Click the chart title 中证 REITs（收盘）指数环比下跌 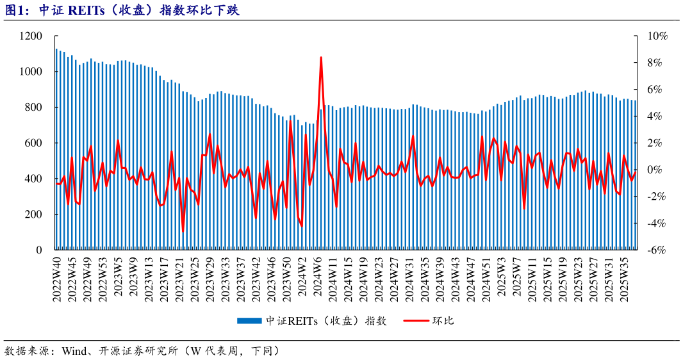(x=138, y=10)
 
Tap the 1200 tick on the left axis (x=31, y=37)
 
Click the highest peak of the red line (x=320, y=58)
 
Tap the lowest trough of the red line (x=183, y=231)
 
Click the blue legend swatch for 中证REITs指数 (x=249, y=320)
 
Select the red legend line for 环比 (x=416, y=320)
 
